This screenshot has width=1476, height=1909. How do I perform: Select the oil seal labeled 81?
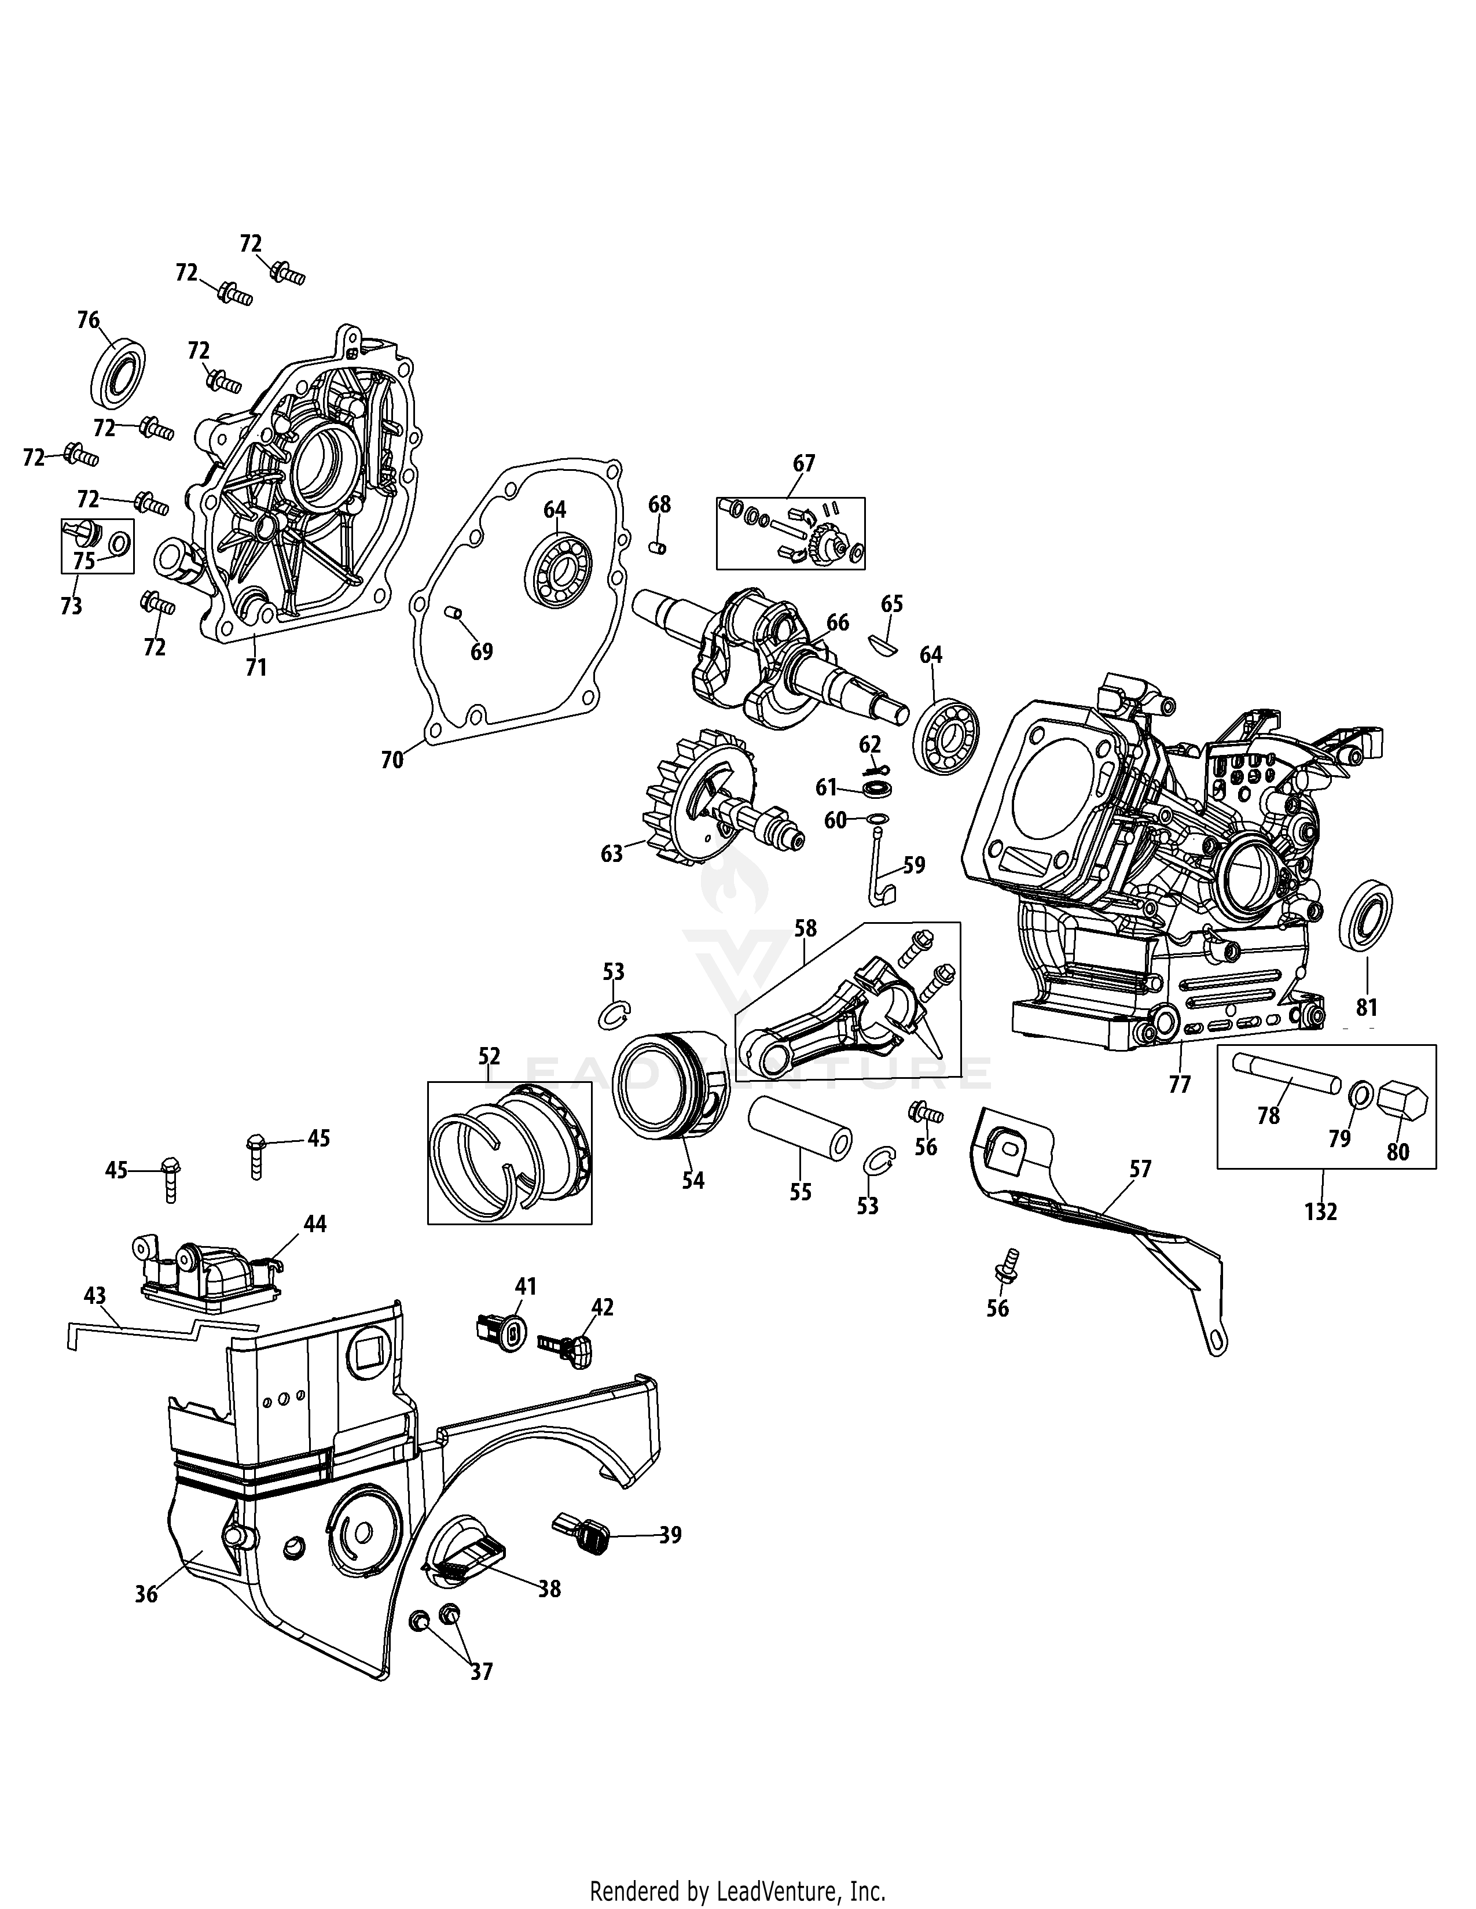[1366, 917]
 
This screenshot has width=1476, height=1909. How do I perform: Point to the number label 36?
[146, 1594]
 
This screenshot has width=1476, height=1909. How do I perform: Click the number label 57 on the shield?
[1140, 1169]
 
